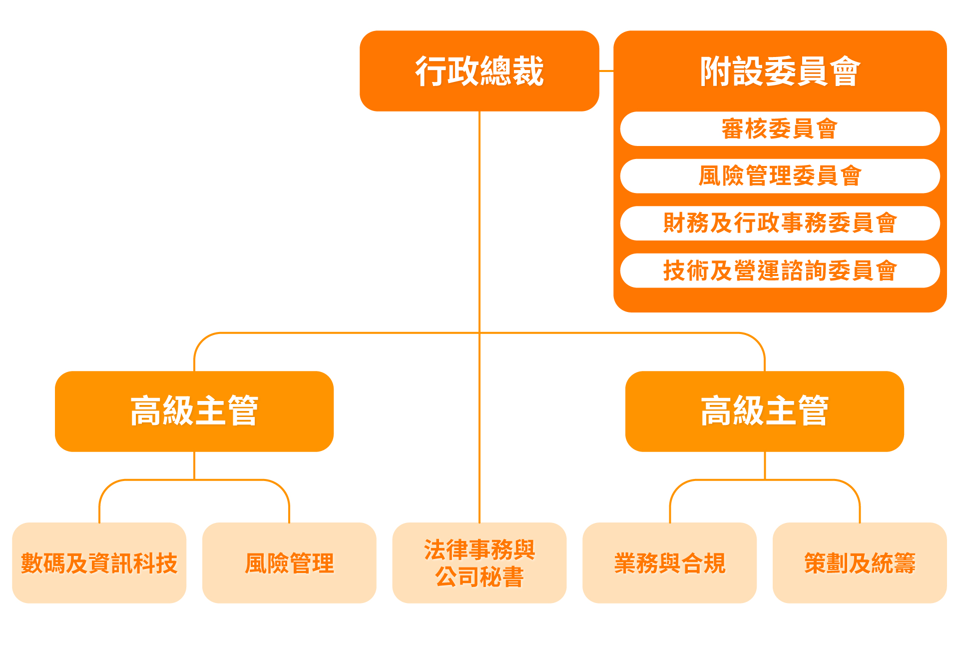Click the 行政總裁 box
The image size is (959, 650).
click(x=479, y=71)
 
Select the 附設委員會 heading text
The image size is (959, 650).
click(x=780, y=71)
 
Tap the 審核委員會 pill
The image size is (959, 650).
click(x=780, y=129)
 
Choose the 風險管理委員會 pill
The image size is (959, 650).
click(x=780, y=176)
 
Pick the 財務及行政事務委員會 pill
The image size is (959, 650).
click(x=780, y=223)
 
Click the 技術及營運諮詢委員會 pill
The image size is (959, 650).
click(x=780, y=270)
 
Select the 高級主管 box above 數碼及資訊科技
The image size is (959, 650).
click(x=194, y=411)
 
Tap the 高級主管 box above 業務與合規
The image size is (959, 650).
click(x=764, y=411)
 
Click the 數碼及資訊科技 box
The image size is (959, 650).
click(x=99, y=563)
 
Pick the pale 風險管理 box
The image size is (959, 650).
click(x=289, y=563)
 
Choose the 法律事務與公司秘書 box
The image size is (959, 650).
click(x=479, y=563)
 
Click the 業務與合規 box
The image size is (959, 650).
click(x=669, y=563)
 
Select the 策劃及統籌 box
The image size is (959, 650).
click(x=860, y=563)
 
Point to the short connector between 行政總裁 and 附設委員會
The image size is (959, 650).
click(x=606, y=71)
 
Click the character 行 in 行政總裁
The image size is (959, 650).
click(x=431, y=71)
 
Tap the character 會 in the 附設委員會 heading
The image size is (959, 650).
click(x=845, y=71)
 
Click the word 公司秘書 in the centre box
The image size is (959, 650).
click(x=479, y=577)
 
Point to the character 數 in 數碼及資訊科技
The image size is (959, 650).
click(x=32, y=563)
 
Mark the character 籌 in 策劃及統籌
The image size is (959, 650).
click(x=905, y=563)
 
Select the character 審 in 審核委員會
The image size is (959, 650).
click(x=733, y=129)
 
